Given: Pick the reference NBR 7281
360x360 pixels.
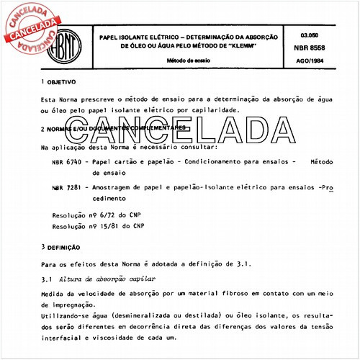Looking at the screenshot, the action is (66, 187).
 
